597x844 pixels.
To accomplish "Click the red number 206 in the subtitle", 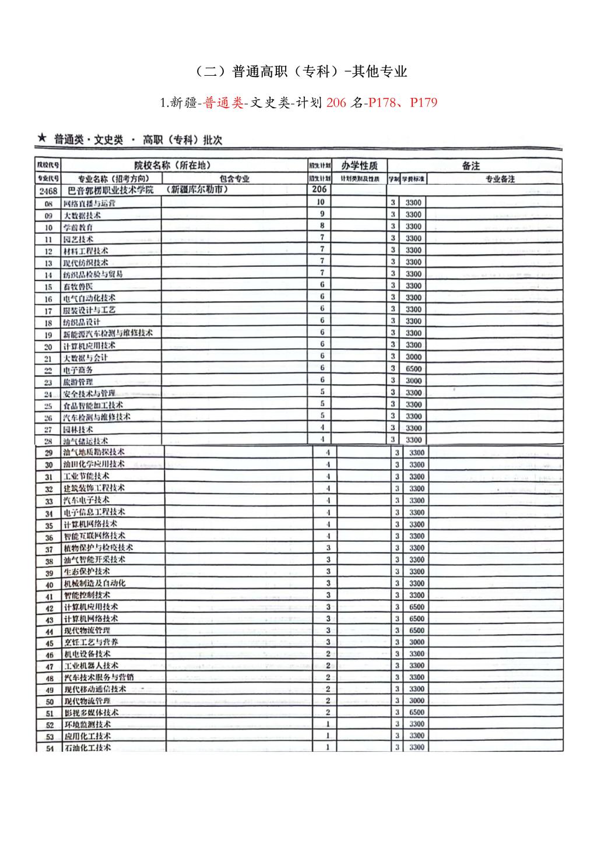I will (336, 103).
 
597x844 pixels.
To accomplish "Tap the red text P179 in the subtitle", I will (423, 103).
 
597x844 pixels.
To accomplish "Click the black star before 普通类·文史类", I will (41, 139).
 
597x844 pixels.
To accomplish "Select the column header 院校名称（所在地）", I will (173, 166).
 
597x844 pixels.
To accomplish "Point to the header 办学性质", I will (359, 166).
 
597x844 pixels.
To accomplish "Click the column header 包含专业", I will (234, 179).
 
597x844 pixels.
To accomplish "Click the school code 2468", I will (48, 191).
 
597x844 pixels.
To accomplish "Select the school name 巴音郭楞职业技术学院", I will (111, 191).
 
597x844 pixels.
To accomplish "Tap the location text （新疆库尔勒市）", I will (196, 190).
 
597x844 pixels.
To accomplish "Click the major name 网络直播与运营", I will (89, 203).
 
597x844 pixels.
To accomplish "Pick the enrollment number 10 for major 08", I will (320, 202).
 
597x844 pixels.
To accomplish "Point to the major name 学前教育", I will (78, 227).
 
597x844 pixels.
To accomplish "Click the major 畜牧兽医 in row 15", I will (78, 287).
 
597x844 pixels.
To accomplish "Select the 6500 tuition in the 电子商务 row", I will (413, 369).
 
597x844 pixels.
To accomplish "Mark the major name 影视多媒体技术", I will (91, 713).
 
